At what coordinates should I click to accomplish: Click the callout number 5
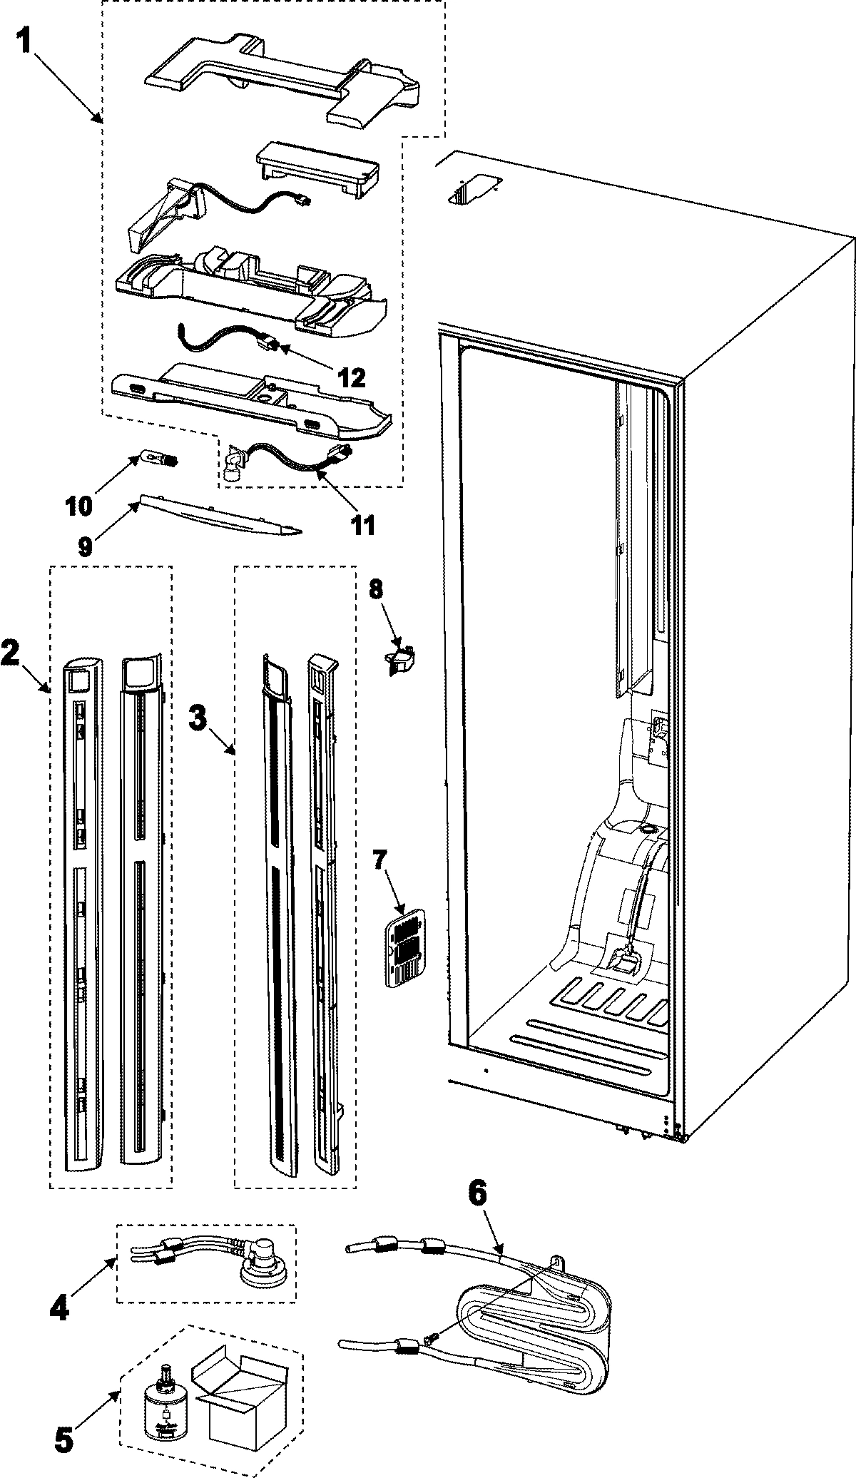tap(63, 1437)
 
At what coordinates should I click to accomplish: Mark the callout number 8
tap(376, 590)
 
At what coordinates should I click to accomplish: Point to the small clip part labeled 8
tap(402, 660)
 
